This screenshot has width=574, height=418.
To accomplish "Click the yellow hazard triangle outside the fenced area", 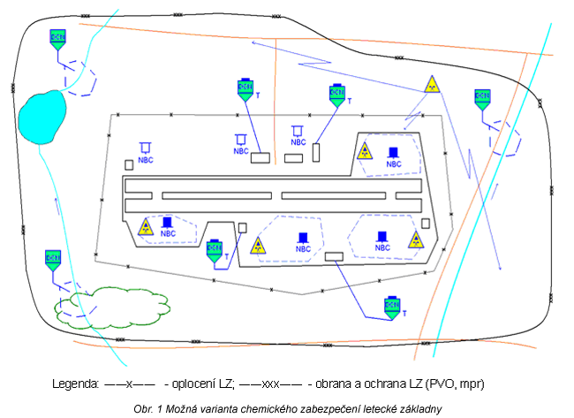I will coord(431,85).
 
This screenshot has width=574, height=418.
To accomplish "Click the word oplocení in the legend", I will coord(193,384).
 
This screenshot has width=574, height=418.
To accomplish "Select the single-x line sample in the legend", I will coord(130,384).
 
